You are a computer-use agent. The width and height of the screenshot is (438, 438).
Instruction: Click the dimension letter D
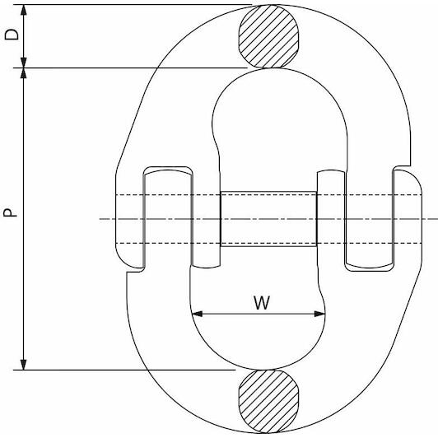[x=12, y=35]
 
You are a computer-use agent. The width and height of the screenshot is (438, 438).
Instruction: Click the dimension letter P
[x=10, y=213]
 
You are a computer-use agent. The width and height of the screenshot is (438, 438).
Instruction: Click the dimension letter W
[x=262, y=302]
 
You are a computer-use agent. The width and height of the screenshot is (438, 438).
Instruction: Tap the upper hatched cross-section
[x=268, y=36]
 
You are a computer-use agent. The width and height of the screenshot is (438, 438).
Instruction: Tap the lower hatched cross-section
[x=268, y=402]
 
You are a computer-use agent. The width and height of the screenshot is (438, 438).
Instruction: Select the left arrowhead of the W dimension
[x=198, y=314]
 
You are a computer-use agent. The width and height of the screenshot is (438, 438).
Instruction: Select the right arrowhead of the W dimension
[x=319, y=314]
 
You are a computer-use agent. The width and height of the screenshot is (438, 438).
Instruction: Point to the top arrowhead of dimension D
[x=24, y=10]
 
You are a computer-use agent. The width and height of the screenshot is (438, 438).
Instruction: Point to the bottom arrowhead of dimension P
[x=24, y=365]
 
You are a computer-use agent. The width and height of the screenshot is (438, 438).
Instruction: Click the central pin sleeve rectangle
[x=268, y=219]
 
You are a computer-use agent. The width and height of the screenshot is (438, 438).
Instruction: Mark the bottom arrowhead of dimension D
[x=24, y=63]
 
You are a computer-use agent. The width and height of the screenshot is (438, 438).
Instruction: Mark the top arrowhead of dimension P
[x=24, y=73]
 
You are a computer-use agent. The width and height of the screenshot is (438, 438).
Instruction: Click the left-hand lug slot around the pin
[x=168, y=217]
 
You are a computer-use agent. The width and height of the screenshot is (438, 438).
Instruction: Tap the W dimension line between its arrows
[x=259, y=314]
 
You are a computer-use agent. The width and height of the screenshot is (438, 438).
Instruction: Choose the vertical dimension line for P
[x=24, y=219]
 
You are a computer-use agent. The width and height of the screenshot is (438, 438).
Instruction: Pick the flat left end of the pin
[x=115, y=219]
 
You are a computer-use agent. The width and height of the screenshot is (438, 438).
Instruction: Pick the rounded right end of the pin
[x=422, y=219]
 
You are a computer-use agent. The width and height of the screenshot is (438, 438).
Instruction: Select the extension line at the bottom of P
[x=124, y=370]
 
